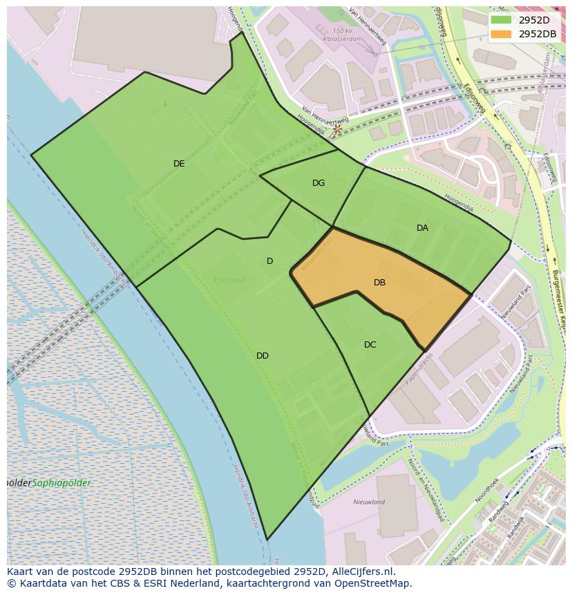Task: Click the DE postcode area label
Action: click(179, 164)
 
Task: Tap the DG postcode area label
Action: click(318, 183)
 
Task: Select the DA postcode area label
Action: click(422, 228)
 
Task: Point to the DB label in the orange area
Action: click(379, 283)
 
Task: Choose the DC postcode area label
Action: click(370, 345)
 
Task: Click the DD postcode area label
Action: click(263, 356)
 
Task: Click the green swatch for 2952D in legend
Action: click(502, 20)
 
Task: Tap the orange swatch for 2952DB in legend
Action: click(502, 34)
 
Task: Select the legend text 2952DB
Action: click(537, 34)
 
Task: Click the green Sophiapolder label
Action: click(62, 483)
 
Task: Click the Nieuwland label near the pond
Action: click(369, 502)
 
